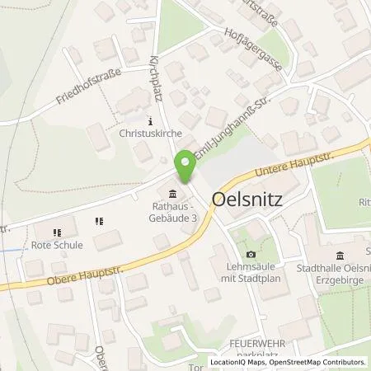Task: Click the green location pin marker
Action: tap(186, 167)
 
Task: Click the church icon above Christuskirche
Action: tap(149, 117)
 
